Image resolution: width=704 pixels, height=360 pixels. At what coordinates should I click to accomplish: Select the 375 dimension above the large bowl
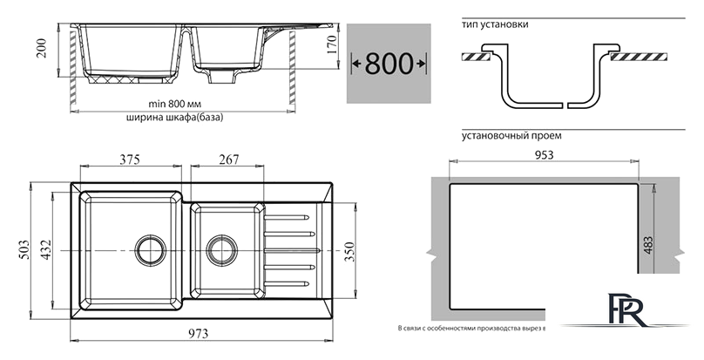(131, 159)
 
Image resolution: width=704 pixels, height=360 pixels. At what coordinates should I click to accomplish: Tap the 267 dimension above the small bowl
(228, 159)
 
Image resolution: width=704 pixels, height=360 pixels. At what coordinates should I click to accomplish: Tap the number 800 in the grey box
(389, 63)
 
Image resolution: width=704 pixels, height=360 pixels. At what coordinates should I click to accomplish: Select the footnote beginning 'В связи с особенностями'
(470, 329)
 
